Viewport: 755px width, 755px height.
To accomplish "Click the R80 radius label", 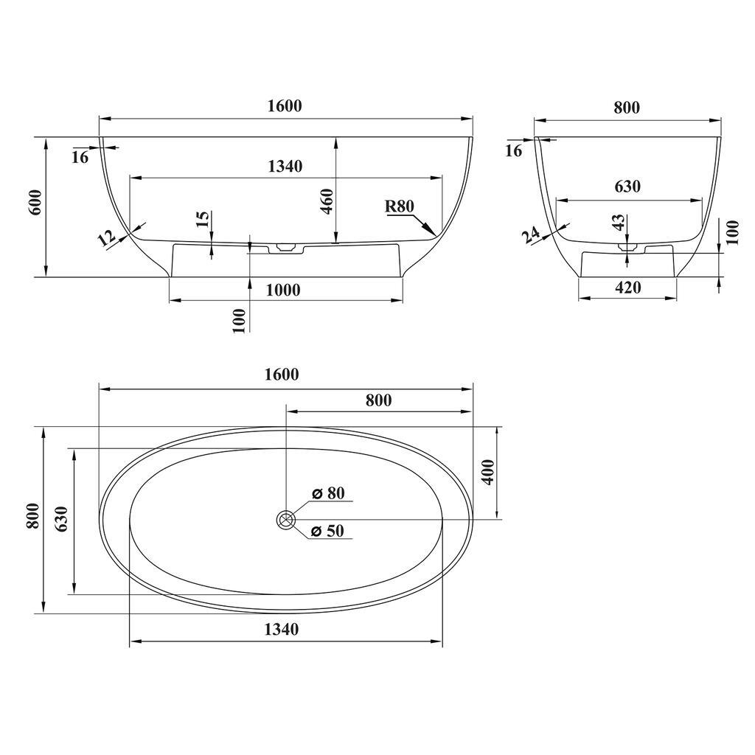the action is click(400, 206).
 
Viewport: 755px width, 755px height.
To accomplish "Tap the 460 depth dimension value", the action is click(327, 202).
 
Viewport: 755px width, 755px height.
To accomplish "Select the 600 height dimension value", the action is click(37, 202).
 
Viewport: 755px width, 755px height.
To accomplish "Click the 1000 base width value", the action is click(283, 290).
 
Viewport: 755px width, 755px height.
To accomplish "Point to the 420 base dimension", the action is click(628, 288).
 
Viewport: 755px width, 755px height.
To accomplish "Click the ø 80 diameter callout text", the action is click(328, 493).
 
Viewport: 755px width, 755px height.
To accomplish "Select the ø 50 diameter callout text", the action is click(328, 531).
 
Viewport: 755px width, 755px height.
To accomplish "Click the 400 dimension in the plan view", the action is click(489, 473).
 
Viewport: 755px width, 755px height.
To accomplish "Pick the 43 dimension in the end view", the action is click(619, 222).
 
